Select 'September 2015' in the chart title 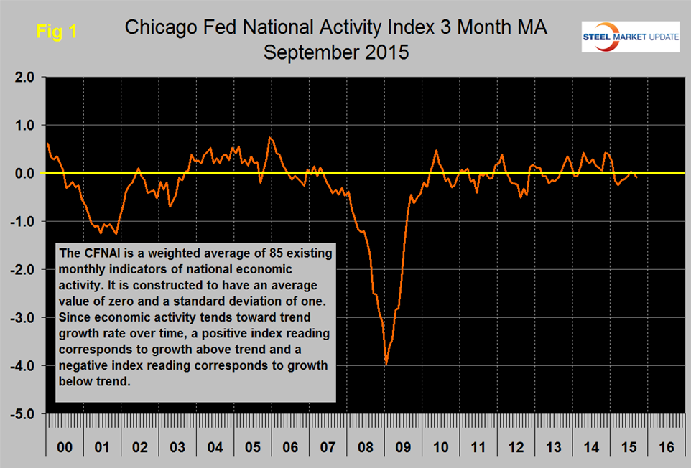[x=335, y=52]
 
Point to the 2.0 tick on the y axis [x=22, y=78]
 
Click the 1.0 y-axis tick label [x=22, y=126]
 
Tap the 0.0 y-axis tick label [x=22, y=174]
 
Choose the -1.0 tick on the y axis [x=21, y=222]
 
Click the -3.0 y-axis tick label [x=21, y=318]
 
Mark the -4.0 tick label [x=21, y=366]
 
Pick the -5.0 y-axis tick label [x=21, y=414]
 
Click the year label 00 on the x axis [x=65, y=447]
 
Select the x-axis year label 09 [x=403, y=447]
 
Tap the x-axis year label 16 [x=666, y=447]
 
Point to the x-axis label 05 [x=252, y=447]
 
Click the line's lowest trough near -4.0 [x=386, y=364]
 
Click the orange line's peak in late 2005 [x=270, y=138]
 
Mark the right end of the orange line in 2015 [x=637, y=177]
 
